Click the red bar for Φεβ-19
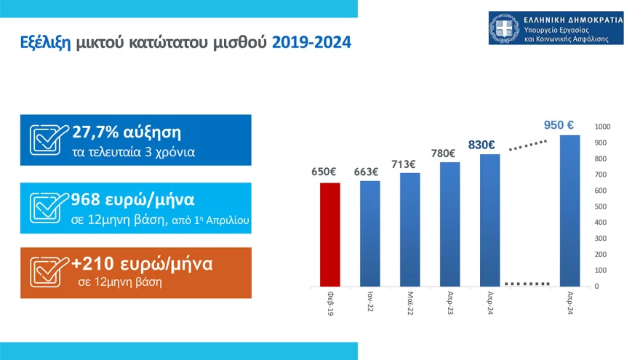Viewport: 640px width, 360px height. click(330, 234)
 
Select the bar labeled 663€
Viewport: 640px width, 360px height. click(370, 233)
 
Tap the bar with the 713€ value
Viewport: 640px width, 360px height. click(410, 230)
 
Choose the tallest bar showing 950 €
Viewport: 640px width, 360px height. click(569, 211)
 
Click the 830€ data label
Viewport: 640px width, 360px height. click(481, 145)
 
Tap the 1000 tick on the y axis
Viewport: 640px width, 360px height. click(603, 127)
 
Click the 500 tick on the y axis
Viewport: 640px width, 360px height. click(601, 207)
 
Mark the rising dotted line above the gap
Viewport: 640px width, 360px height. click(527, 146)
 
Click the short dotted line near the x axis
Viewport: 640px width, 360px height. click(527, 283)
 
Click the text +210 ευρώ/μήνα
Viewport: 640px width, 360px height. click(142, 264)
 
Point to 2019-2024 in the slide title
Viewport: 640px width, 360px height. click(311, 43)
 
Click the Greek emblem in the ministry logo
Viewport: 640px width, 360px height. click(505, 29)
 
